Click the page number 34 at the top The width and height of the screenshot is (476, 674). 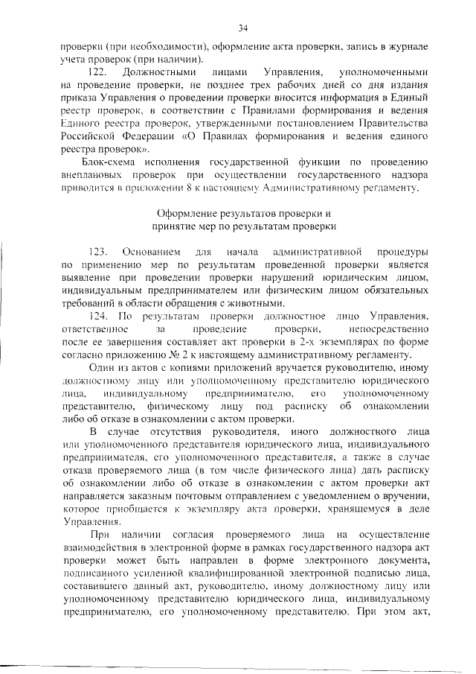pyautogui.click(x=242, y=28)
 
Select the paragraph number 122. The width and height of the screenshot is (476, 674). pyautogui.click(x=99, y=72)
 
